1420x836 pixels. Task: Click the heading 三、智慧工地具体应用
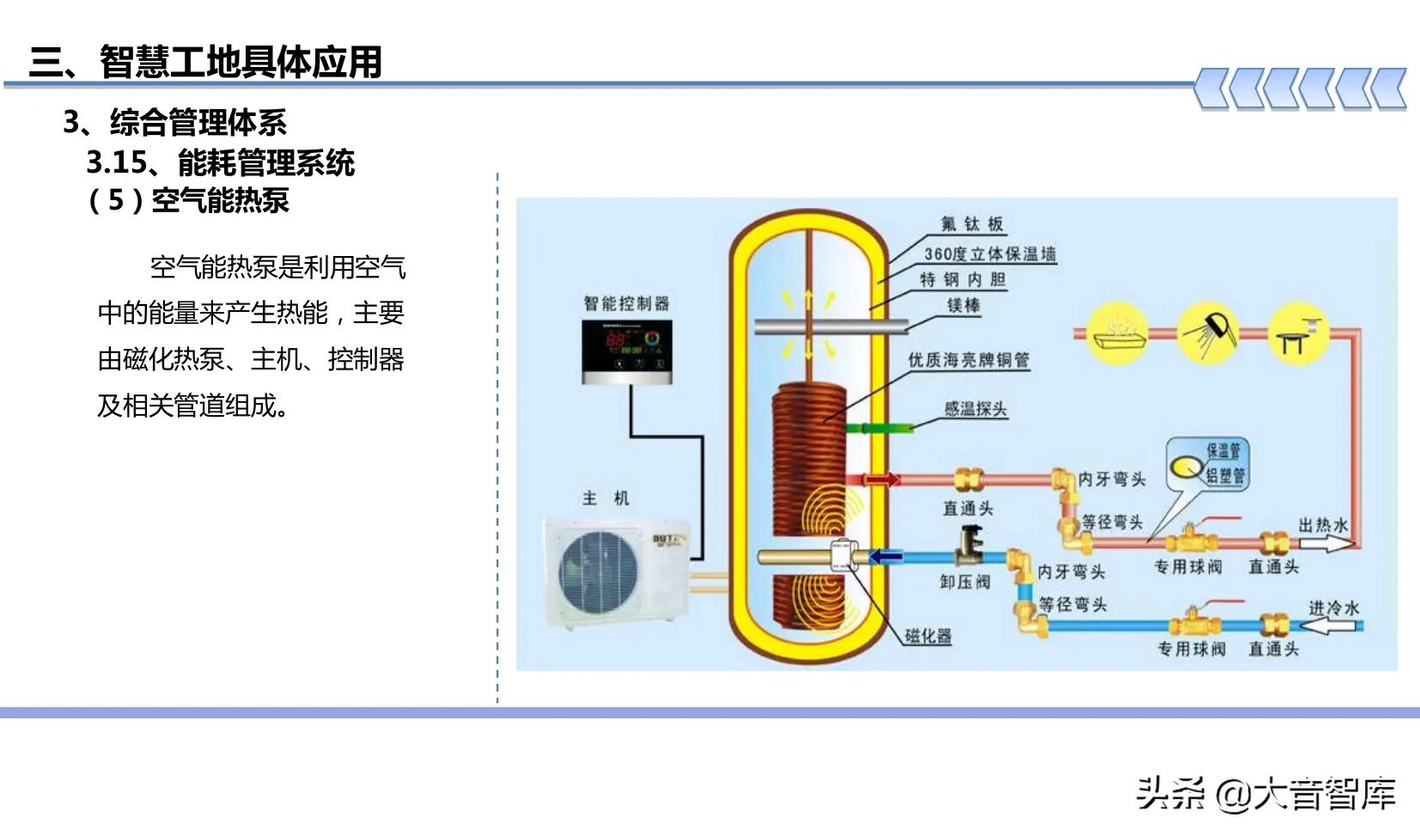pyautogui.click(x=205, y=62)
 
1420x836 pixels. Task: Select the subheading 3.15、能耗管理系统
pyautogui.click(x=221, y=162)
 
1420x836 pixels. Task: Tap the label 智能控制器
pyautogui.click(x=626, y=303)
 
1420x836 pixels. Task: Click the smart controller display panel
pyautogui.click(x=626, y=351)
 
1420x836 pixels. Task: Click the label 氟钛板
pyautogui.click(x=972, y=224)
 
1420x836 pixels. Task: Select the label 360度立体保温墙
pyautogui.click(x=990, y=253)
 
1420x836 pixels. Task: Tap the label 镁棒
pyautogui.click(x=963, y=306)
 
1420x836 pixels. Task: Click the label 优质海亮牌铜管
pyautogui.click(x=968, y=360)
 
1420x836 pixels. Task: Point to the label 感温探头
pyautogui.click(x=975, y=409)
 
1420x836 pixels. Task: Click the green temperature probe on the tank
pyautogui.click(x=878, y=428)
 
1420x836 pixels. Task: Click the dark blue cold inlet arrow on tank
pyautogui.click(x=885, y=557)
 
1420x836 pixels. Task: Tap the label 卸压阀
pyautogui.click(x=965, y=582)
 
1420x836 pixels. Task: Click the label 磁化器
pyautogui.click(x=928, y=636)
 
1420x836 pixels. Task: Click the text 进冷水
pyautogui.click(x=1333, y=607)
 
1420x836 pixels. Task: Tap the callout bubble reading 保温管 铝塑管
pyautogui.click(x=1209, y=464)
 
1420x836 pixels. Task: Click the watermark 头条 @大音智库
pyautogui.click(x=1265, y=793)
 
